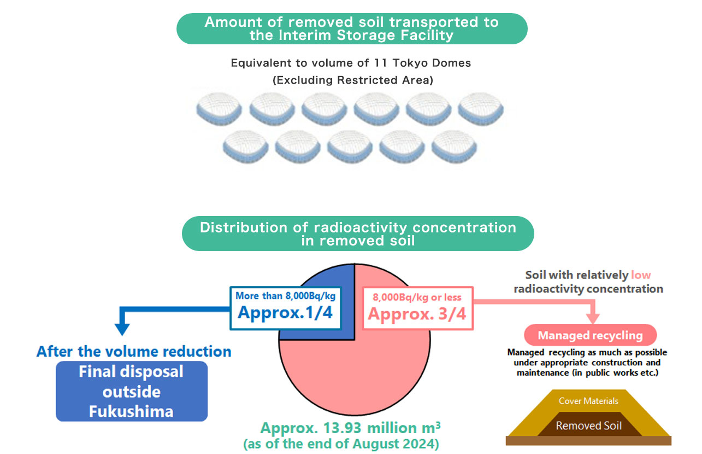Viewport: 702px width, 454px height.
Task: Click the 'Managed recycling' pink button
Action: click(x=590, y=335)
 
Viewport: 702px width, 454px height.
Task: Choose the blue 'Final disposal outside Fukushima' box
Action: click(x=132, y=391)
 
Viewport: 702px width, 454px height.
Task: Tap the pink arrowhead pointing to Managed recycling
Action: click(x=592, y=318)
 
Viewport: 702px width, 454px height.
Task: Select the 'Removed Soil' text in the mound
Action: click(x=588, y=425)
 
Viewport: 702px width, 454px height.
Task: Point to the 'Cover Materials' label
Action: click(x=588, y=401)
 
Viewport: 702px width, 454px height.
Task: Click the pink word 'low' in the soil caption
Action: click(x=641, y=275)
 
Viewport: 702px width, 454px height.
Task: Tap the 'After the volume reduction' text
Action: click(x=134, y=351)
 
